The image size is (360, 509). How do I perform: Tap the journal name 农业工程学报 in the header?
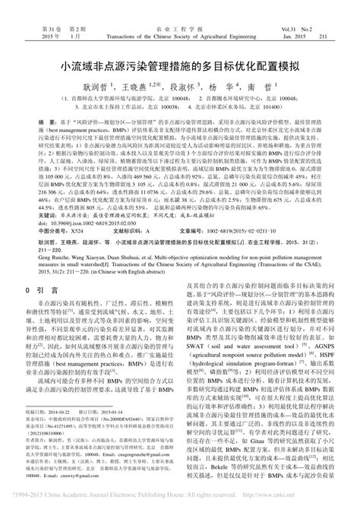(179, 6)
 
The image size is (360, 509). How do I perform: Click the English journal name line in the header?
(179, 14)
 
